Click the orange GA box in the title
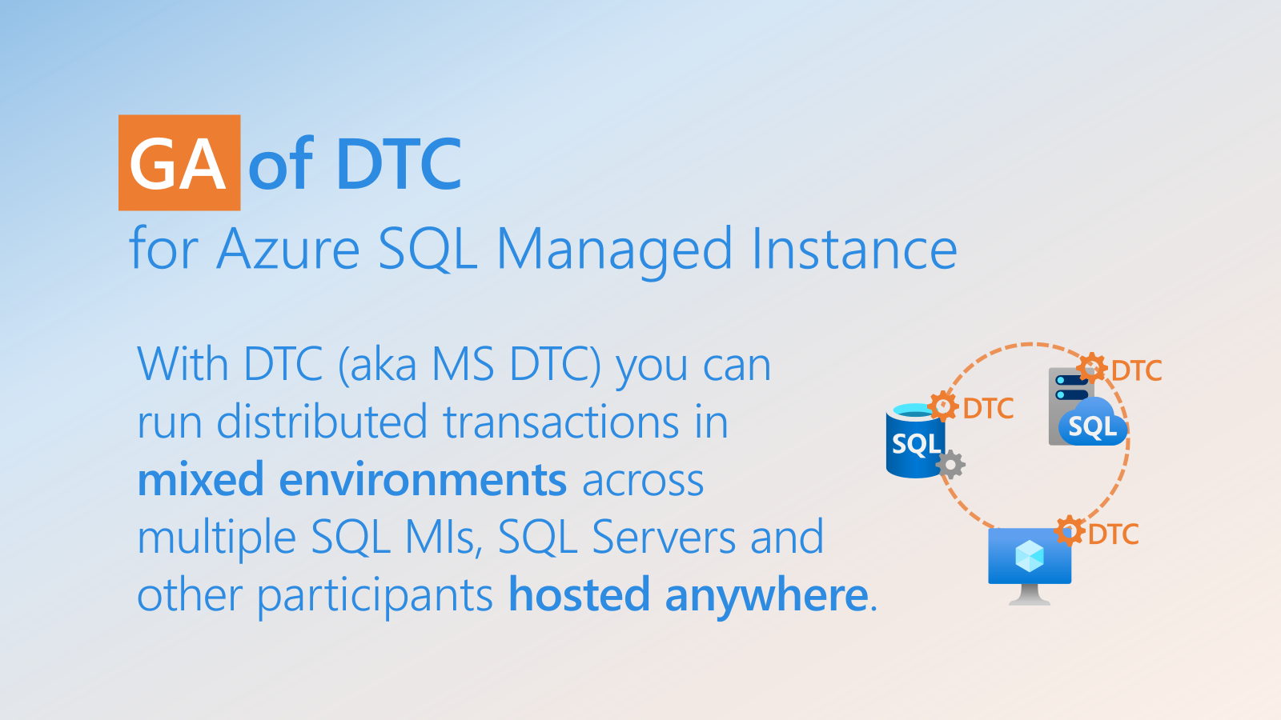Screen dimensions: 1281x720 pos(179,163)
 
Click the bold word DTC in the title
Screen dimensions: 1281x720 pos(399,163)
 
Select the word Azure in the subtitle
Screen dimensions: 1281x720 pos(288,249)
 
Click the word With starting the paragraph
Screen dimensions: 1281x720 pos(183,364)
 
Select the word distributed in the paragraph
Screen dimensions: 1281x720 pos(322,421)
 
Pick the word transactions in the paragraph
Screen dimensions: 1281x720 pos(561,422)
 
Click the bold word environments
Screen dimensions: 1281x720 pos(424,479)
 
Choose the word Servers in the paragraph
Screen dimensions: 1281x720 pos(664,537)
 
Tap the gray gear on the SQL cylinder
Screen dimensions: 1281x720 pos(950,465)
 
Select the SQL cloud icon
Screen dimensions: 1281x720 pos(1092,422)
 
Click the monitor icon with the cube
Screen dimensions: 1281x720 pos(1030,566)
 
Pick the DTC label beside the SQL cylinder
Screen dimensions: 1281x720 pos(988,409)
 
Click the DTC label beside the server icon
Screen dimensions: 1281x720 pos(1136,371)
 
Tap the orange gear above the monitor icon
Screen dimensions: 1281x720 pos(1070,531)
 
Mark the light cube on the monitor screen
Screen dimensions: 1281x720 pos(1030,556)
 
